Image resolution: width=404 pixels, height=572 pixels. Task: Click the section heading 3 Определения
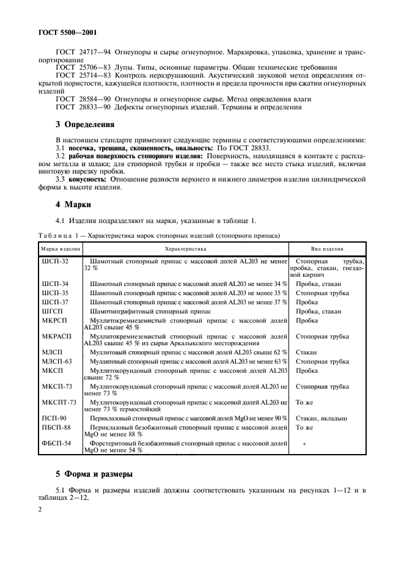pos(85,125)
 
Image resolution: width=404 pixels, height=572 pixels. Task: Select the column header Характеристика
pos(186,249)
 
